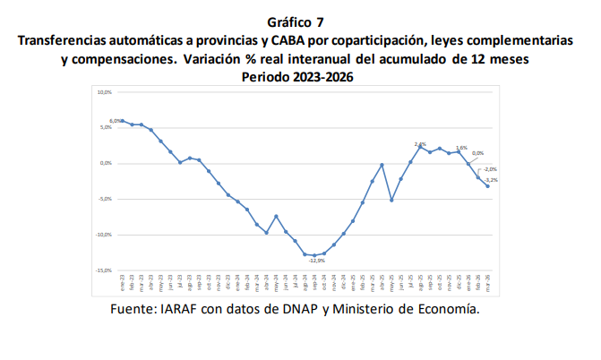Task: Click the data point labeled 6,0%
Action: pos(123,121)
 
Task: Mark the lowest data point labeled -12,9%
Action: pos(314,255)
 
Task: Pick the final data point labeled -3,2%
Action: pos(487,186)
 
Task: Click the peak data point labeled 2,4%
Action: pos(420,146)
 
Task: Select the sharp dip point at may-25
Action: pos(391,200)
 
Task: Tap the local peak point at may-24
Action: pos(276,216)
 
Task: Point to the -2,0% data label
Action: pos(490,169)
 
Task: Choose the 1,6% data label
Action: pos(462,148)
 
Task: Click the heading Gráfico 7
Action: pos(300,21)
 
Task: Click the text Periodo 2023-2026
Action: pos(300,78)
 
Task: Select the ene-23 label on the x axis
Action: pos(123,281)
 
